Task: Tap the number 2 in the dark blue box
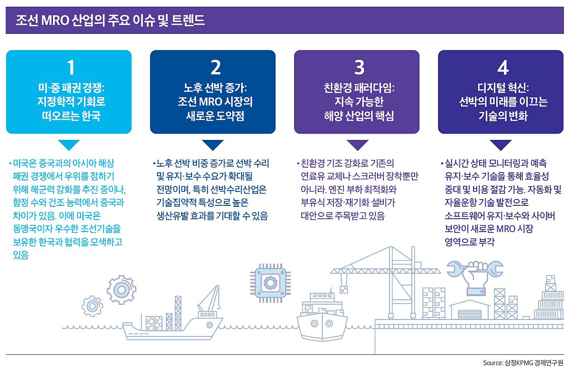pyautogui.click(x=215, y=68)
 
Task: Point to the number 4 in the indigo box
pyautogui.click(x=503, y=68)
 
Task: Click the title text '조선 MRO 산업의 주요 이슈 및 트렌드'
pyautogui.click(x=110, y=21)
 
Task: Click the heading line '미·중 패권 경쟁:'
pyautogui.click(x=71, y=88)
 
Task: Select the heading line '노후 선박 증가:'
pyautogui.click(x=215, y=88)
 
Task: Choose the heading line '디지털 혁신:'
pyautogui.click(x=503, y=88)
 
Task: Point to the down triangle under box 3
pyautogui.click(x=357, y=144)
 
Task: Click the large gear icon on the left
pyautogui.click(x=122, y=289)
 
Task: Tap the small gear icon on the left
pyautogui.click(x=92, y=306)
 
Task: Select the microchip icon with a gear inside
pyautogui.click(x=270, y=283)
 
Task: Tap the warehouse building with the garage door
pyautogui.click(x=470, y=310)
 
